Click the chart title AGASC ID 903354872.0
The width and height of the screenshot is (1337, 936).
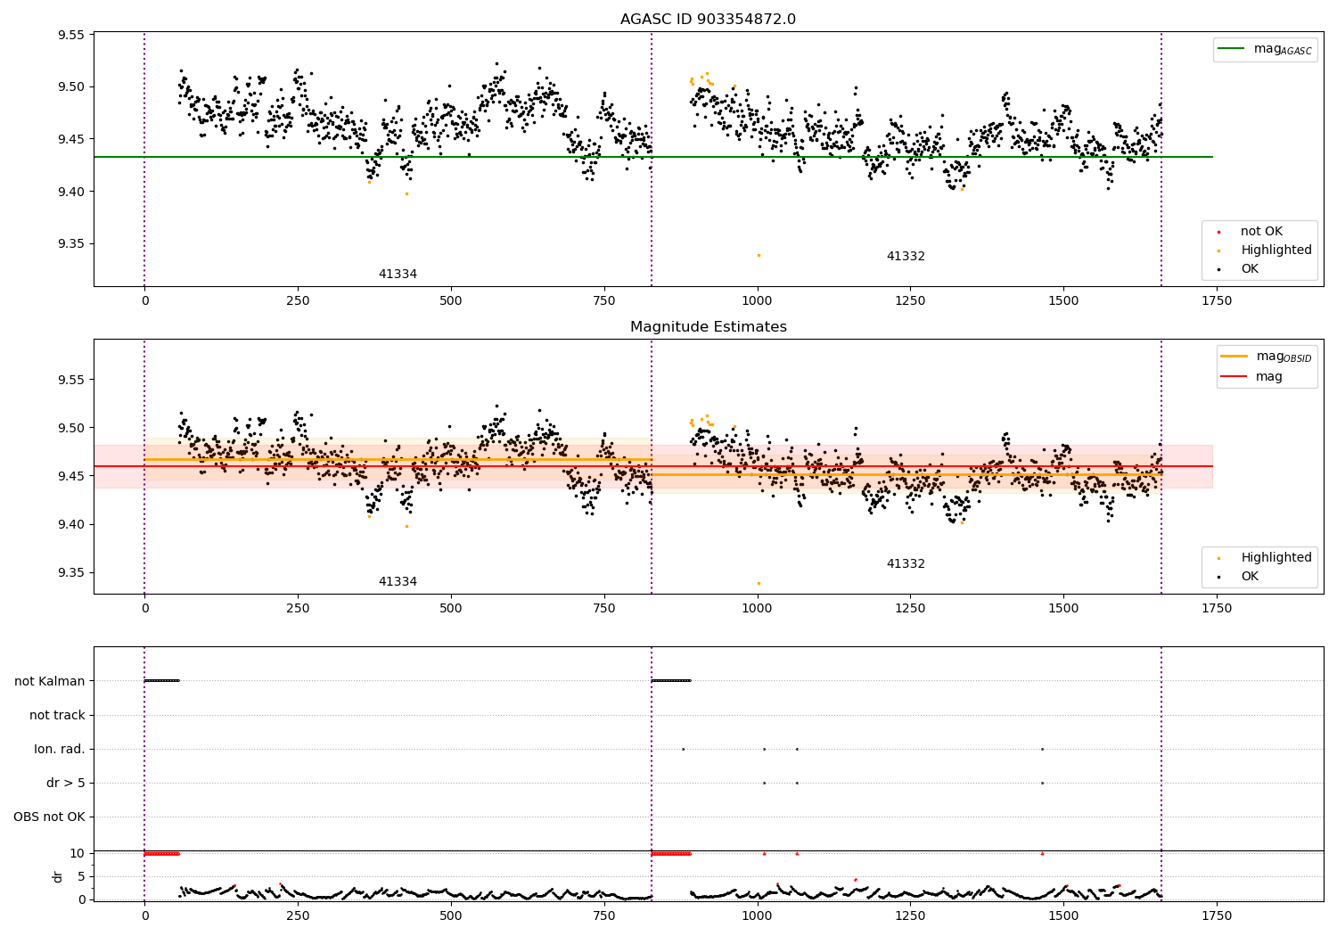click(708, 19)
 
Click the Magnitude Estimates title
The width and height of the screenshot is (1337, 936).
click(709, 326)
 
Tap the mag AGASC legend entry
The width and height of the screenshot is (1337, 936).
click(1266, 49)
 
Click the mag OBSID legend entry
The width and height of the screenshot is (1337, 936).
click(1266, 357)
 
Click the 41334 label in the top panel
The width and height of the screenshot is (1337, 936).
click(398, 274)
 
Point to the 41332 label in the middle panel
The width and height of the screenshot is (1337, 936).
click(906, 563)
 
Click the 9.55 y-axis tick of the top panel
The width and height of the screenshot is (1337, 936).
click(71, 35)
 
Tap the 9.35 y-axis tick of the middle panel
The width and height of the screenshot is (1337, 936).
click(71, 572)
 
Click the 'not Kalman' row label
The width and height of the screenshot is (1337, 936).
click(50, 681)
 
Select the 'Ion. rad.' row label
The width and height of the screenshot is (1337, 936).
click(59, 749)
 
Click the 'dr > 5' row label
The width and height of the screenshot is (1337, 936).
click(66, 783)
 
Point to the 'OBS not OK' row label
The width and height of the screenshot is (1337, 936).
click(49, 817)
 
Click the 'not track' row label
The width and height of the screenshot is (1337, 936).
click(57, 715)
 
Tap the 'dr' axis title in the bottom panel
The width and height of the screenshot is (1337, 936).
click(57, 877)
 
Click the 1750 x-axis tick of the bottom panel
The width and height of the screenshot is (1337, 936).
click(1217, 915)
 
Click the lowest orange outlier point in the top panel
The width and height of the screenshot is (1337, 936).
click(759, 256)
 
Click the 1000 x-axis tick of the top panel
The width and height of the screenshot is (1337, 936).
click(757, 301)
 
